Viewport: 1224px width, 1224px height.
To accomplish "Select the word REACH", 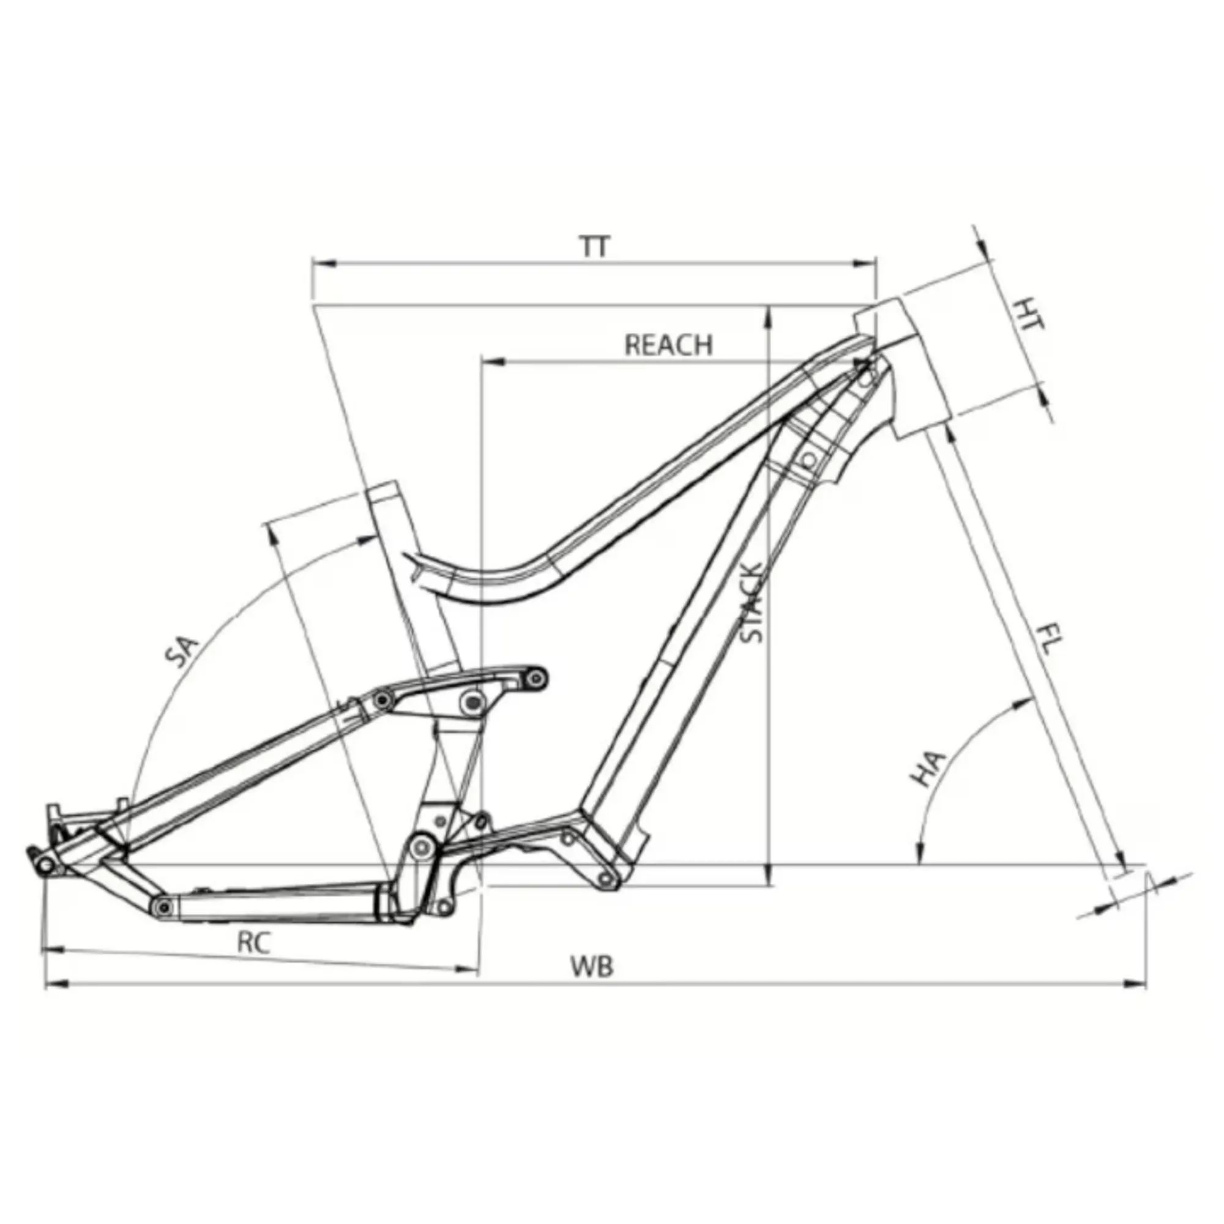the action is click(x=668, y=345).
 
